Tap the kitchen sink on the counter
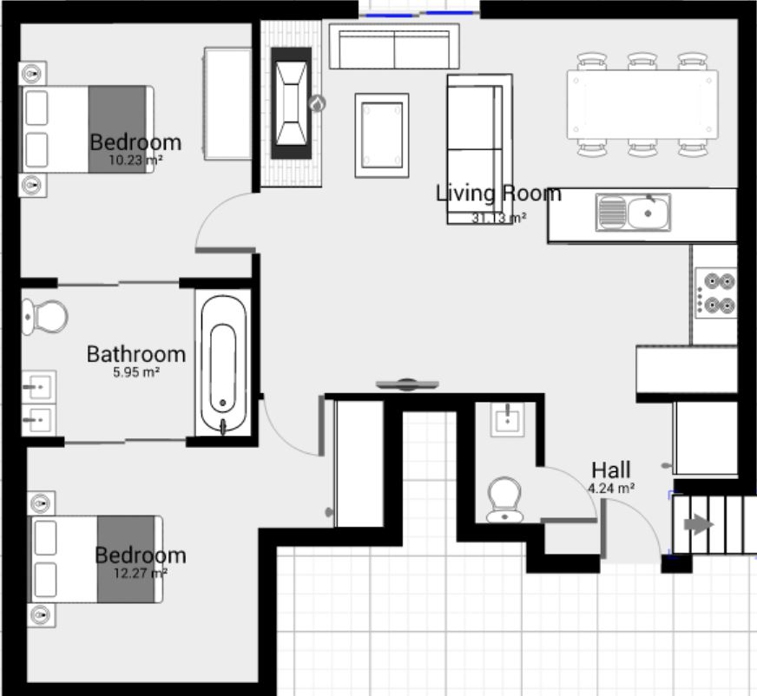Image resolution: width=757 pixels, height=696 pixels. (x=633, y=212)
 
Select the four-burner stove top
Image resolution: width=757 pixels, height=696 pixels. (x=716, y=293)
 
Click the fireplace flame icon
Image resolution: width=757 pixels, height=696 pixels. (x=318, y=104)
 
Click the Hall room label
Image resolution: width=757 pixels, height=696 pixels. (x=611, y=470)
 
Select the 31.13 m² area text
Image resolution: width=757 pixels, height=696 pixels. (x=498, y=219)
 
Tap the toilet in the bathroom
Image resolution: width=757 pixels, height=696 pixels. (x=45, y=317)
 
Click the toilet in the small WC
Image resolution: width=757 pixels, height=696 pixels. (x=504, y=500)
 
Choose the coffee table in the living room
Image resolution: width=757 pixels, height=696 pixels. (x=381, y=135)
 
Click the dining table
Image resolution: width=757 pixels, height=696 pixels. (x=642, y=104)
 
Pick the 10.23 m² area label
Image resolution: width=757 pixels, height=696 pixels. (x=136, y=161)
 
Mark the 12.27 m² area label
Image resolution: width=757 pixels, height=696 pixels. (x=140, y=573)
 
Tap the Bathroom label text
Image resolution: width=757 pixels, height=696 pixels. (x=136, y=354)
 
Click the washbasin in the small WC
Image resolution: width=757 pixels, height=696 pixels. (x=505, y=420)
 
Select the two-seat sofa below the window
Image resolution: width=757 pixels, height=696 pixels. (x=394, y=47)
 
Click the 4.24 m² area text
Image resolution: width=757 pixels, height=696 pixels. (x=611, y=489)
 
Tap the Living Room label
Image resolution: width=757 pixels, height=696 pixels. (x=498, y=194)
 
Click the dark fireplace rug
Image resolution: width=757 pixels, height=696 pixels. (x=291, y=102)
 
